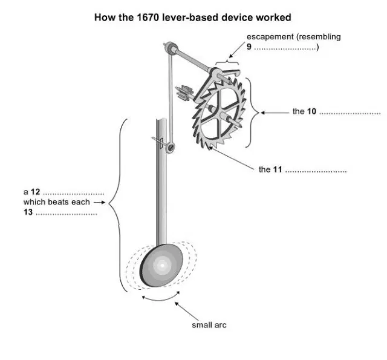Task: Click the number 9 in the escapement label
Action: (249, 47)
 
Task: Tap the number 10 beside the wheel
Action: (312, 111)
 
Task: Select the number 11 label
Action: (278, 169)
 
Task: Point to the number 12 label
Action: (36, 192)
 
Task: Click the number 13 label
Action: (28, 212)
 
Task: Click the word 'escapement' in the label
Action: (268, 37)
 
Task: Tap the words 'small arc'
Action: (209, 325)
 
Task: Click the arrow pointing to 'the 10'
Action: (276, 111)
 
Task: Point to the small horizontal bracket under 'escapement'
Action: (228, 59)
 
